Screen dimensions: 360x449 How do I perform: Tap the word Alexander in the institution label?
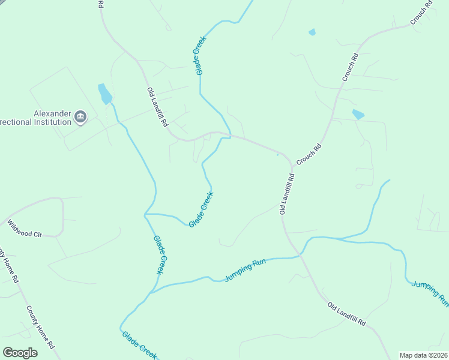coord(52,113)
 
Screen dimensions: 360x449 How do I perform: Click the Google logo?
coord(20,353)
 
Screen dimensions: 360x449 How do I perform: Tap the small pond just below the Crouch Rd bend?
coord(358,114)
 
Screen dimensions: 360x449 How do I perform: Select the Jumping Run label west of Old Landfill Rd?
coord(245,271)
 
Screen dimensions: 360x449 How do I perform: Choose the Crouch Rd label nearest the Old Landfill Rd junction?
coord(309,154)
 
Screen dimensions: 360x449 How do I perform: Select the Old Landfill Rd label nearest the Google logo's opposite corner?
coord(346,314)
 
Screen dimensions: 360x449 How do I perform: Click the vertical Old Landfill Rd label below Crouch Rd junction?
coord(287,194)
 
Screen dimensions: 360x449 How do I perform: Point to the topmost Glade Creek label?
coord(200,55)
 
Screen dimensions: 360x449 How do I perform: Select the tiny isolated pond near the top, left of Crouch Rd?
coord(312,32)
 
